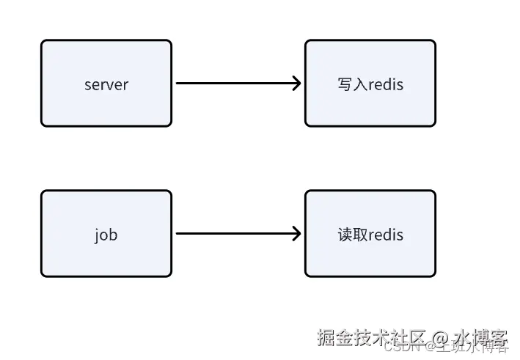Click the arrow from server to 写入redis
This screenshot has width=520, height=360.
(x=235, y=83)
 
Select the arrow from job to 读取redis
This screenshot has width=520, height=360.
(x=235, y=234)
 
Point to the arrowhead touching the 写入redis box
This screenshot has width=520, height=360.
(x=297, y=83)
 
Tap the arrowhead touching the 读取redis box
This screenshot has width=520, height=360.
(x=297, y=234)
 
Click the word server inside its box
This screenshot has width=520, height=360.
(x=106, y=84)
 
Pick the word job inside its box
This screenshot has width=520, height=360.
(x=106, y=235)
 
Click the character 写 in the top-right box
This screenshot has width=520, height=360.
(x=345, y=84)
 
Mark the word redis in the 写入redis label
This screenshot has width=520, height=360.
(x=386, y=84)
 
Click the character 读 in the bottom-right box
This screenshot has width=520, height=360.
(x=345, y=235)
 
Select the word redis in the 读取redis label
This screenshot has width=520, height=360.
(x=386, y=235)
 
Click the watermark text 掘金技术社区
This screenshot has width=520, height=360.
(x=371, y=337)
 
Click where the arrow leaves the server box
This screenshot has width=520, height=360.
(x=177, y=83)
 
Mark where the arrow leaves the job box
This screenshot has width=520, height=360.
(x=177, y=234)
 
